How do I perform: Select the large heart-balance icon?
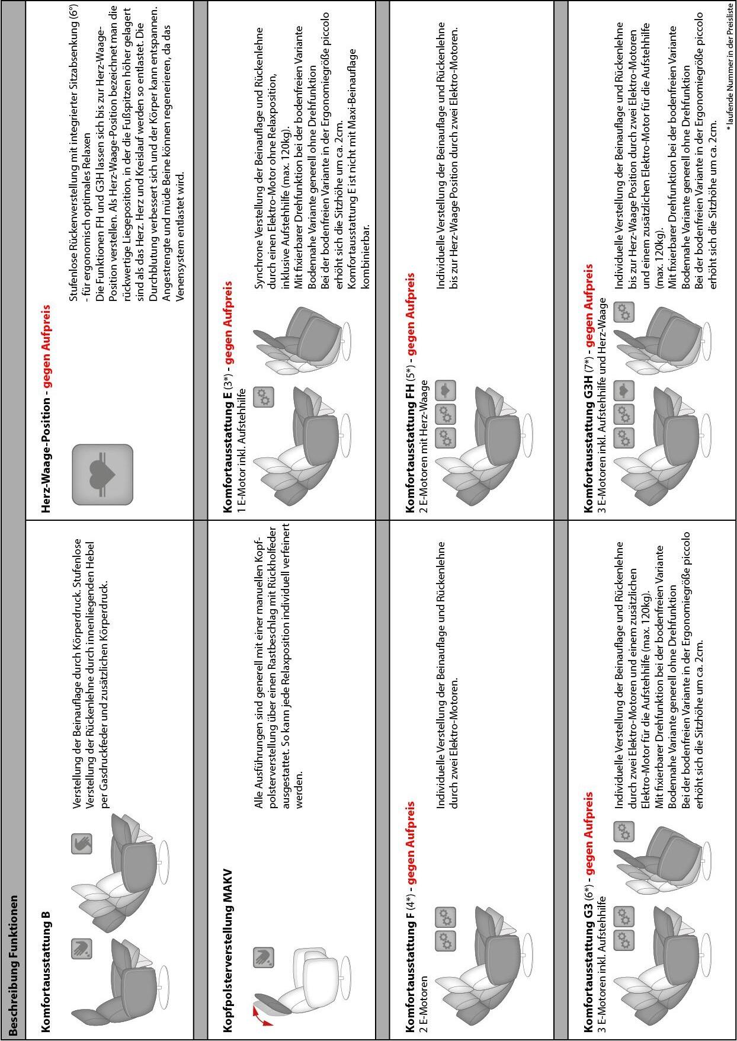click(102, 475)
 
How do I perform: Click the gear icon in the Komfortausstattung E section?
click(264, 396)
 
